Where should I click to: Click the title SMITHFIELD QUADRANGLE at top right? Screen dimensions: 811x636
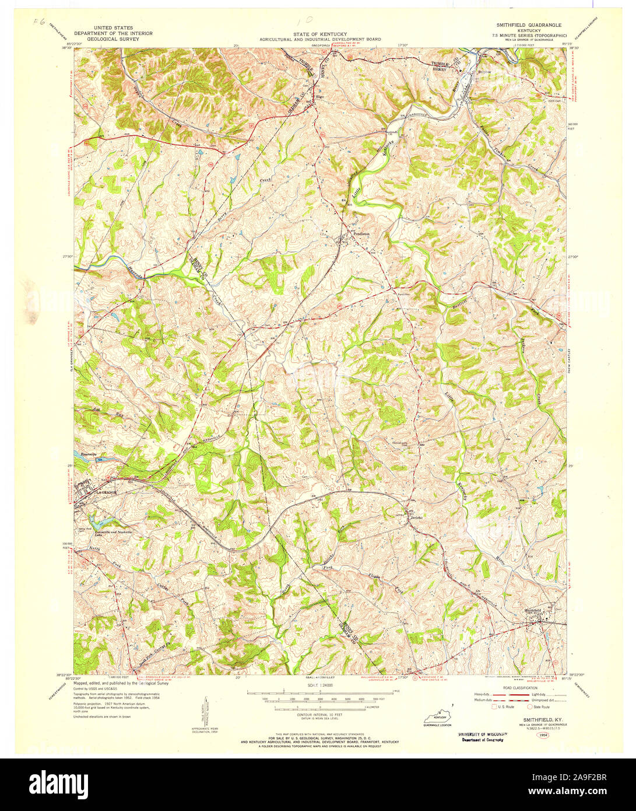(528, 25)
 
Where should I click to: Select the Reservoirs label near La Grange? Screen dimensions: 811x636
(83, 453)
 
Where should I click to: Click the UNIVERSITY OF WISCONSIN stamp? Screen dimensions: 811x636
(482, 734)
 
